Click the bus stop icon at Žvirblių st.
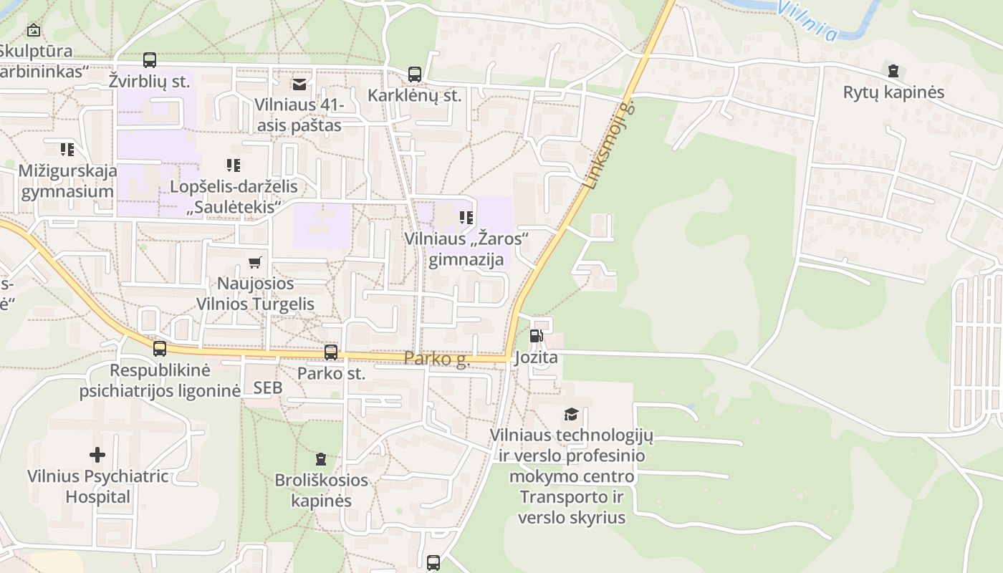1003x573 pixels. [150, 60]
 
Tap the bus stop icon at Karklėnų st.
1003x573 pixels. [415, 74]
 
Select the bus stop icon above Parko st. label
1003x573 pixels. [330, 352]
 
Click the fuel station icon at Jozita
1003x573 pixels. [536, 335]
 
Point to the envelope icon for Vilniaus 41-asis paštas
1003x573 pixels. [299, 85]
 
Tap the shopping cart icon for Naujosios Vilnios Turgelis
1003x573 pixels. [254, 262]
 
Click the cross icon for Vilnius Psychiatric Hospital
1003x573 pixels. [97, 454]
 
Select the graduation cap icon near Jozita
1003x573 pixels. [571, 414]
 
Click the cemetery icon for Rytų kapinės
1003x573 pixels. [893, 71]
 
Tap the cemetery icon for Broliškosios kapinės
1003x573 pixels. [321, 458]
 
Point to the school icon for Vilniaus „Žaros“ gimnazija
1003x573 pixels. [466, 217]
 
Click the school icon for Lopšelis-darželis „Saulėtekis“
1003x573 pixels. [233, 165]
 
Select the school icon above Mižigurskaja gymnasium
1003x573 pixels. [67, 149]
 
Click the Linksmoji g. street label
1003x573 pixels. [609, 145]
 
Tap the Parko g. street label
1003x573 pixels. [436, 358]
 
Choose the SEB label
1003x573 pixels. [268, 387]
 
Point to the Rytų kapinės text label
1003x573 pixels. [893, 92]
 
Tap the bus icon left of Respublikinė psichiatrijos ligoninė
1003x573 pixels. [159, 349]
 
